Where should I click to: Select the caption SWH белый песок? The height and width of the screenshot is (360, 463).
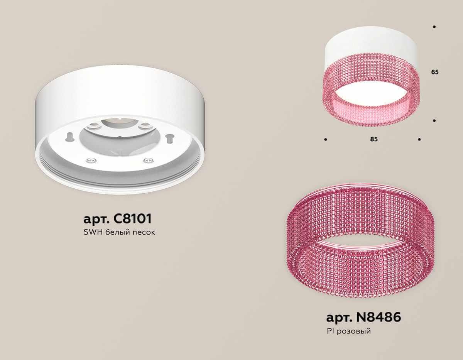click(119, 233)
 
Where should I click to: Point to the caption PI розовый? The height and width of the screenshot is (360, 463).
click(348, 331)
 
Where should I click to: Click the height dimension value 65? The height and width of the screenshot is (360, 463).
click(435, 72)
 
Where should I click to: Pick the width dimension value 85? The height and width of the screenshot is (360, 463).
click(373, 139)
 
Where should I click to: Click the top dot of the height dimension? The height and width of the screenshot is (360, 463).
click(434, 27)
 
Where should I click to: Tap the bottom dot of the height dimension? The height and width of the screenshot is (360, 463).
click(434, 121)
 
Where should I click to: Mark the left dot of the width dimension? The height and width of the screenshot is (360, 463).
click(326, 139)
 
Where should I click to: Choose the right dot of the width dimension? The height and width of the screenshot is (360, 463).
click(419, 139)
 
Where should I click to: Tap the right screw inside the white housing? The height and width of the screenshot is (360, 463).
click(146, 160)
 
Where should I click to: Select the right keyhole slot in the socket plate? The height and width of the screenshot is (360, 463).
click(169, 137)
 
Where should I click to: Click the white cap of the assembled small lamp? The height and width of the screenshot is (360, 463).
click(370, 41)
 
